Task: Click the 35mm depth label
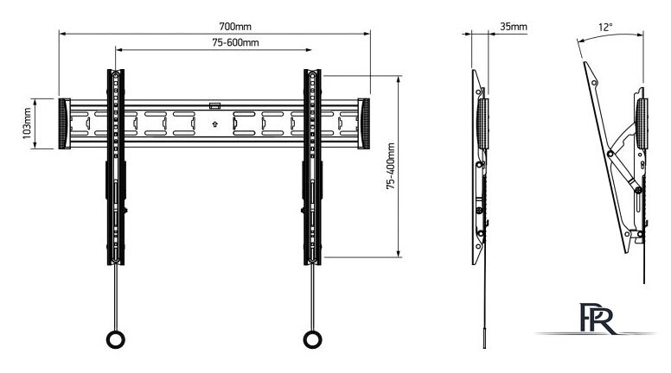514,27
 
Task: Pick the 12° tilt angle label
605,28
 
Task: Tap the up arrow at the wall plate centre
214,123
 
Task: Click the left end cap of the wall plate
66,123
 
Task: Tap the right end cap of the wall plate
363,123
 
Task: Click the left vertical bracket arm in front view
114,164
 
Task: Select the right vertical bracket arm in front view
311,164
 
